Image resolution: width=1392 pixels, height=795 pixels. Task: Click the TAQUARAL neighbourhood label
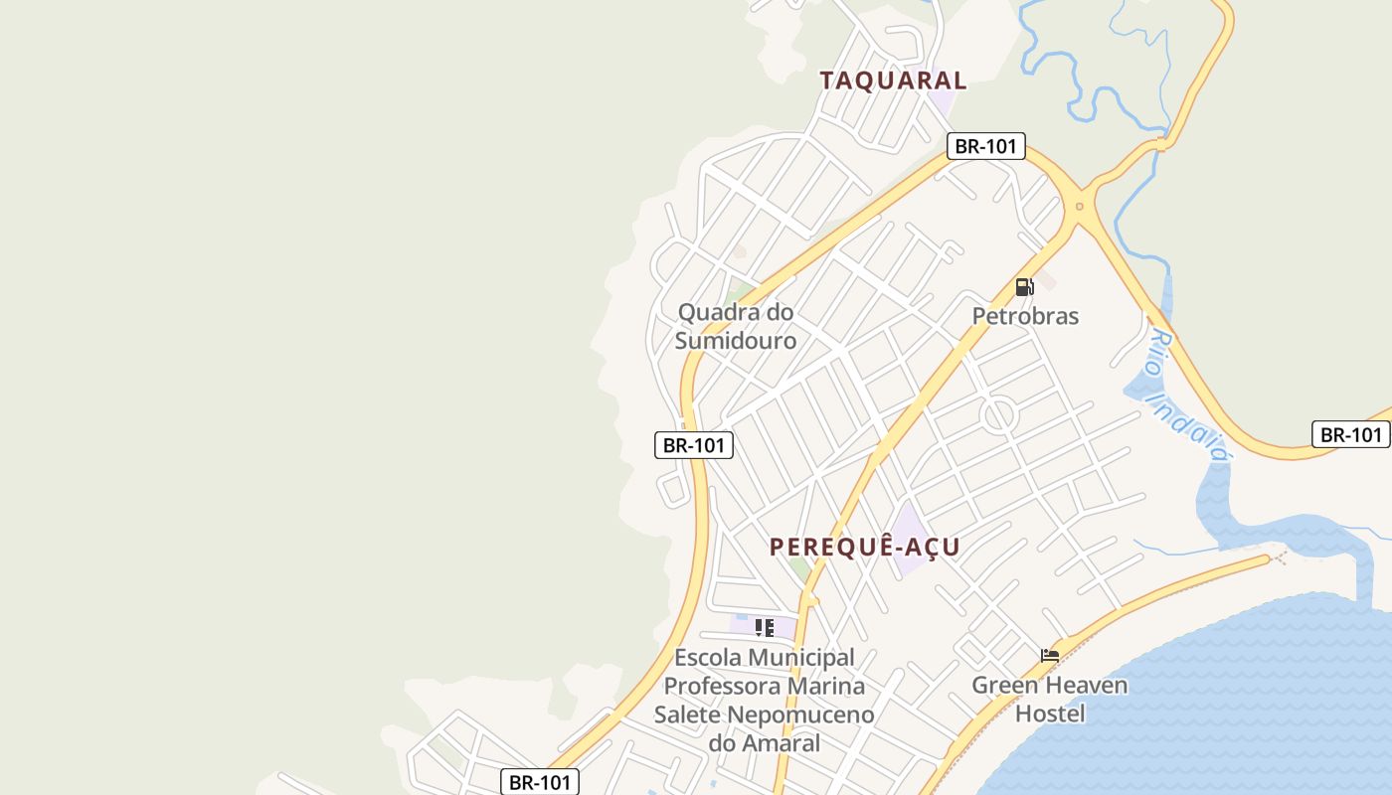(893, 80)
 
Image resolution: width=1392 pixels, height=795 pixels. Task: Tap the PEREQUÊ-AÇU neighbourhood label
(865, 547)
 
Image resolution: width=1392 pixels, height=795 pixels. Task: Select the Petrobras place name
(1025, 316)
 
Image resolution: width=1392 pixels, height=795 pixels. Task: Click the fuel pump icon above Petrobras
(1024, 287)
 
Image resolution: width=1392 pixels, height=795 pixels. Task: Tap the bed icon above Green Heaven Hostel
(1050, 655)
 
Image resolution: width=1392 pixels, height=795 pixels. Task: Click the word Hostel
(1050, 714)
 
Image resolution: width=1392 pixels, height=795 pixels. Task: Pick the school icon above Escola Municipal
(764, 627)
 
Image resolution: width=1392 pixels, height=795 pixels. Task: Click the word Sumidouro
(736, 341)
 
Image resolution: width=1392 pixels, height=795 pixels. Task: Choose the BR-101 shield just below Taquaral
(985, 146)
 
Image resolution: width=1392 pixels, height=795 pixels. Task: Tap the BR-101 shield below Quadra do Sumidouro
(694, 445)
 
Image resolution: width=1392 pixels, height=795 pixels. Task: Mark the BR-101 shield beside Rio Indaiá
(1350, 434)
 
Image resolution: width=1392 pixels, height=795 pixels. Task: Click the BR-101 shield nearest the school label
(539, 782)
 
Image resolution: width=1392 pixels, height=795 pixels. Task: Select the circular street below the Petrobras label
(998, 415)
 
